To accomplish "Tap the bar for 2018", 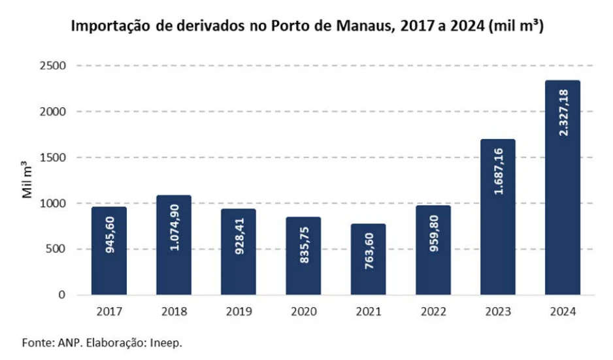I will point(174,245).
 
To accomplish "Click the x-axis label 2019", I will point(239,311).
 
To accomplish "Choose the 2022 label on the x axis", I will point(433,311).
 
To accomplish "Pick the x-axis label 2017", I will point(109,311).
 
